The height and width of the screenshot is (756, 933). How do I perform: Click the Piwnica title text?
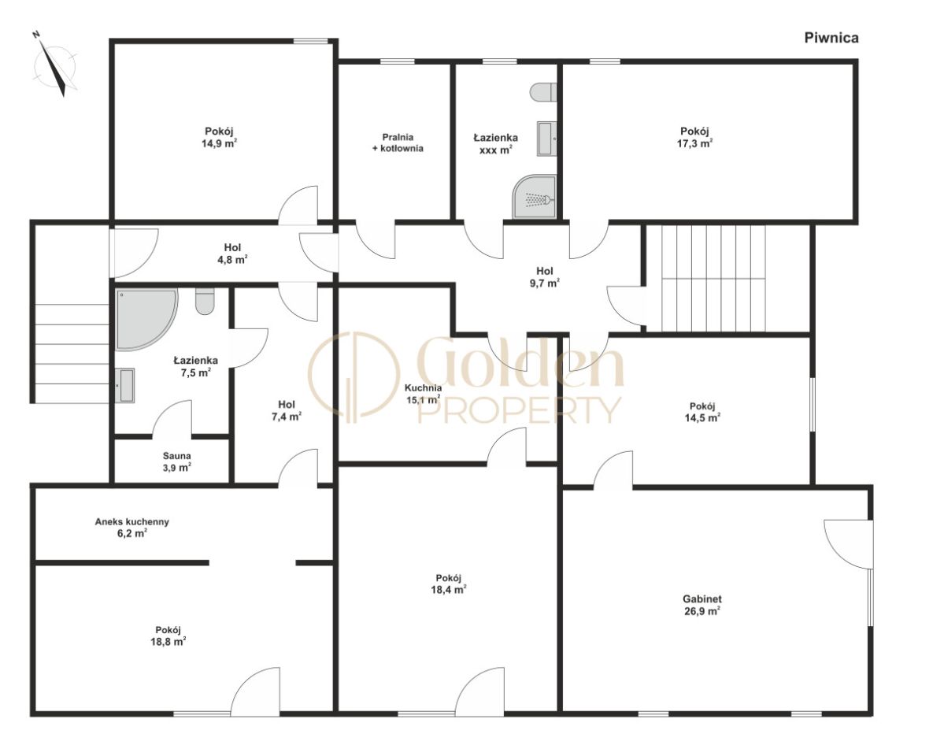tap(831, 38)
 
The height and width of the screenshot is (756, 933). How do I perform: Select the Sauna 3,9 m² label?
tap(177, 462)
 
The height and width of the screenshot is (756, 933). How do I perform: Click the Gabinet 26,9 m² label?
tap(702, 605)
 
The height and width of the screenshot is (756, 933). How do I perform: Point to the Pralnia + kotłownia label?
tap(398, 143)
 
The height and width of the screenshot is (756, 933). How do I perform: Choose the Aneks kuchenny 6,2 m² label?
tap(132, 528)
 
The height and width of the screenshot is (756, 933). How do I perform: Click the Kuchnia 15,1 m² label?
tap(423, 394)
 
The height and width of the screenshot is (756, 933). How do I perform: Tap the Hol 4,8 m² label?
tap(232, 254)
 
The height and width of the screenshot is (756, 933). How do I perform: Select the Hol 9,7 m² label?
tap(545, 276)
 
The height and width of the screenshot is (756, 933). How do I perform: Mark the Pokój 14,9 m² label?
tap(220, 137)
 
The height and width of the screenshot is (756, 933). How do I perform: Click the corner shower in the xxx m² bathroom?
tap(535, 196)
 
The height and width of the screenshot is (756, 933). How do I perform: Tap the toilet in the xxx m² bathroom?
tap(542, 93)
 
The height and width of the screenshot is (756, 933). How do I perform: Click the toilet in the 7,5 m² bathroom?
tap(205, 301)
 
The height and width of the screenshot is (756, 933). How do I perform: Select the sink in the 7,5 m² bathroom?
tap(125, 386)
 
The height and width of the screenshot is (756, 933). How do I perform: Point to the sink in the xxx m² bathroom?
tap(547, 139)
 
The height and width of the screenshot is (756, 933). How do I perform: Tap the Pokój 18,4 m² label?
tap(449, 584)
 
